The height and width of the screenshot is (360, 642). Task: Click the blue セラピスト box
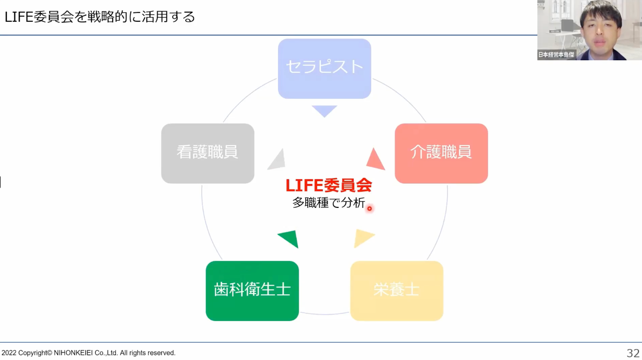pyautogui.click(x=325, y=69)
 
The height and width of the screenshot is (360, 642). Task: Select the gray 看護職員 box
pyautogui.click(x=207, y=153)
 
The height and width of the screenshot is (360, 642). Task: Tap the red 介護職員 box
pyautogui.click(x=441, y=153)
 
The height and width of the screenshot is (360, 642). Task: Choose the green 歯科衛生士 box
pyautogui.click(x=252, y=291)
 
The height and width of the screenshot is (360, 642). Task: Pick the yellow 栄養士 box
pyautogui.click(x=397, y=291)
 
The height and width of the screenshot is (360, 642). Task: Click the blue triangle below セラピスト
pyautogui.click(x=325, y=110)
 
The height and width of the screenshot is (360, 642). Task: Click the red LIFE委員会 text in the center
pyautogui.click(x=329, y=185)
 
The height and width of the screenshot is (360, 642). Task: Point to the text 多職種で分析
pyautogui.click(x=329, y=203)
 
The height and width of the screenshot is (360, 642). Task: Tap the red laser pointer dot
pyautogui.click(x=370, y=208)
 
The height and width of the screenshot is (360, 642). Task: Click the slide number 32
pyautogui.click(x=633, y=353)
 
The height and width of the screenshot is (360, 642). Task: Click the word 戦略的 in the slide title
pyautogui.click(x=108, y=16)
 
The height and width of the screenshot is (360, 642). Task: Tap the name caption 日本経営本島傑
pyautogui.click(x=556, y=55)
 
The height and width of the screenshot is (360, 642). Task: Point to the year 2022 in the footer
pyautogui.click(x=9, y=353)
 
